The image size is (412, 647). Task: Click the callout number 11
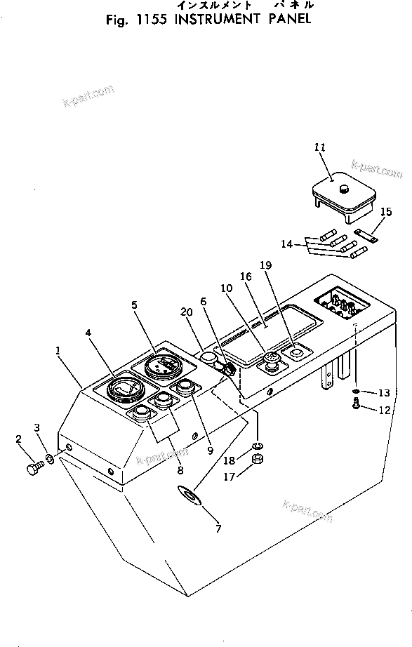click(x=320, y=147)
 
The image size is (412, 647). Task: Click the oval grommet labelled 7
click(x=190, y=496)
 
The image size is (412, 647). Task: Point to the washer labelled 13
click(x=358, y=390)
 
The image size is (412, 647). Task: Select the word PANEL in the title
click(x=287, y=20)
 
